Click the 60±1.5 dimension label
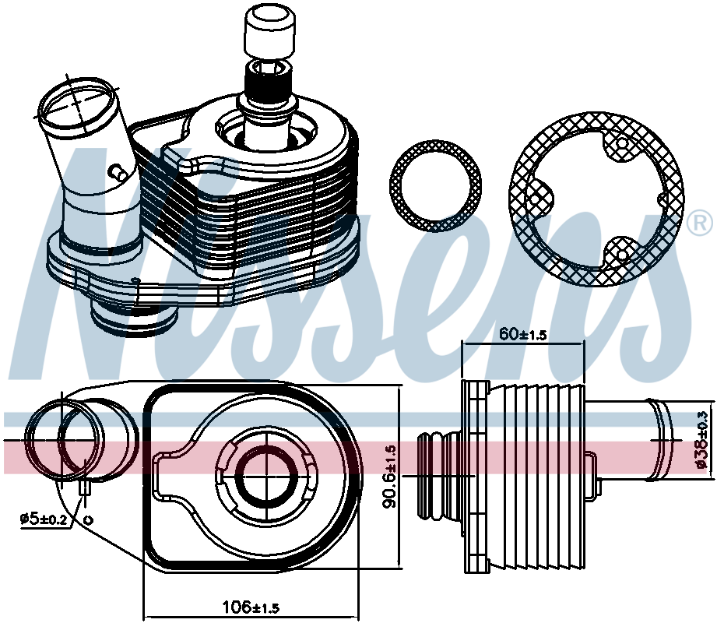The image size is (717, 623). click(x=522, y=334)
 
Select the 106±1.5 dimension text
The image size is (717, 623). click(x=251, y=607)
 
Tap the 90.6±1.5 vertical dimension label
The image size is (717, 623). click(x=391, y=476)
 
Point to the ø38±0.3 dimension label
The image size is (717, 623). click(x=702, y=439)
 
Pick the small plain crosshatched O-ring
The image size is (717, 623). click(x=435, y=186)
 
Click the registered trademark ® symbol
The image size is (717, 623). click(x=700, y=224)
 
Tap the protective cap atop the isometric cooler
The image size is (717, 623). click(x=269, y=32)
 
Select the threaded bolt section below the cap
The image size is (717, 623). click(x=268, y=83)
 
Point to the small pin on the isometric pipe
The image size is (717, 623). click(x=118, y=173)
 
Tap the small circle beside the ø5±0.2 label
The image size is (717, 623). click(x=90, y=519)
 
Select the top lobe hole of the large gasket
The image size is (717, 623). click(x=622, y=143)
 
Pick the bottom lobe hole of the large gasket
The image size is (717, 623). click(x=622, y=255)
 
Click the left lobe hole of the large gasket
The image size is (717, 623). click(x=536, y=199)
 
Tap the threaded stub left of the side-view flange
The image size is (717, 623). click(x=440, y=476)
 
